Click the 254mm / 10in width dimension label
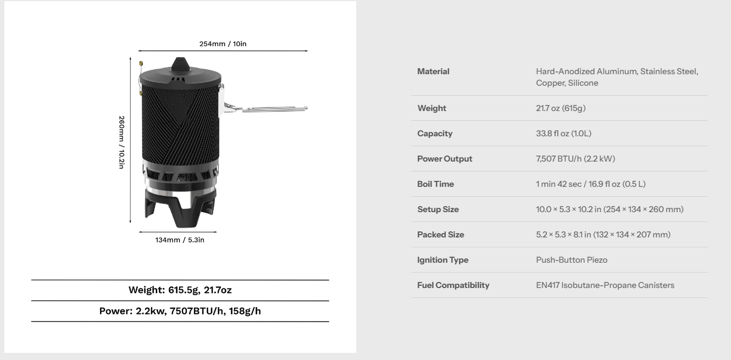pos(223,44)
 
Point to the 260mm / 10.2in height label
pos(121,142)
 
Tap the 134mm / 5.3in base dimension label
pos(180,240)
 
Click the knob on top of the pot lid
pos(180,65)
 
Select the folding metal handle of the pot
pos(264,108)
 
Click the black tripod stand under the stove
pos(180,208)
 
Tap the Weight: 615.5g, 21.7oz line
pos(180,290)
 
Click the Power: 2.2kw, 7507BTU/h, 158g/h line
pos(180,311)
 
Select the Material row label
pos(433,71)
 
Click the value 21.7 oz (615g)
pos(561,108)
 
